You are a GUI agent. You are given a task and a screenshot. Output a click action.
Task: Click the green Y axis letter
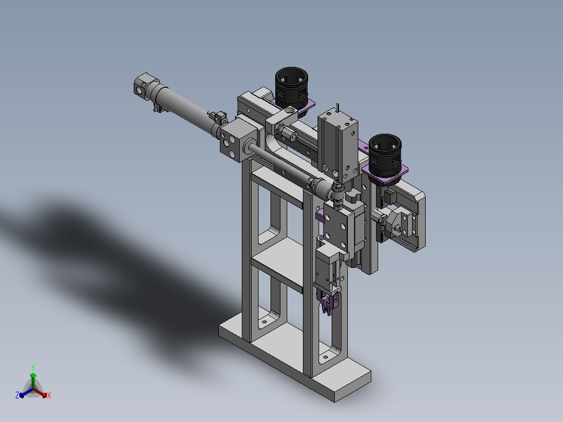tap(33, 368)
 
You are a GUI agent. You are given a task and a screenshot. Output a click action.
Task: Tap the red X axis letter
tap(49, 395)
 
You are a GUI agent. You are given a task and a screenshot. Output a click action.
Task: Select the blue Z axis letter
tap(17, 395)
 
